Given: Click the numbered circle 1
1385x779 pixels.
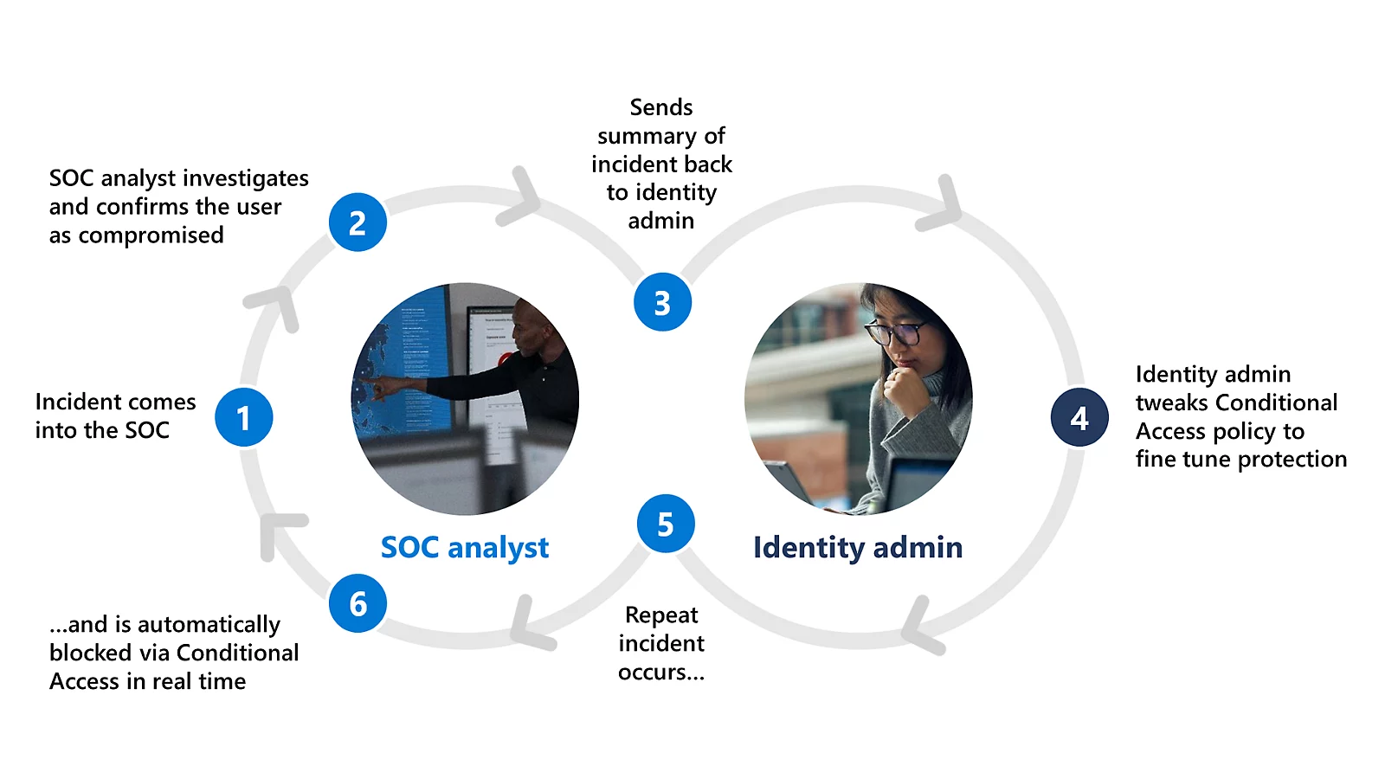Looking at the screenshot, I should [x=244, y=417].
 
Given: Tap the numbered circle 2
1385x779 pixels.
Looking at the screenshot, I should [x=358, y=222].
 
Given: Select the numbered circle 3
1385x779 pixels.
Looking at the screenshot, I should [x=662, y=302].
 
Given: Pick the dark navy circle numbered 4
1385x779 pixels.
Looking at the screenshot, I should [x=1079, y=418].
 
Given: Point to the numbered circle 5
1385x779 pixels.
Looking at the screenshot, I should [x=666, y=524].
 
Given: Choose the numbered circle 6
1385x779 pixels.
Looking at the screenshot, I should [x=358, y=603].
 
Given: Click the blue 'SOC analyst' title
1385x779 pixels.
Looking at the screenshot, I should [x=465, y=547].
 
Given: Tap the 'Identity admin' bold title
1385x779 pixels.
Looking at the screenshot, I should [x=857, y=547].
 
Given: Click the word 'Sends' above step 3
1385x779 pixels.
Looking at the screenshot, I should [x=661, y=107].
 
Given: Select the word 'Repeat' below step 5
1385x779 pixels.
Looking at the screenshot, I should [x=661, y=615].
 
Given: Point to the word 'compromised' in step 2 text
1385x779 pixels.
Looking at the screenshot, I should [x=151, y=235].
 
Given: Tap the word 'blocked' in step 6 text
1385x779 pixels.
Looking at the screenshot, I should [x=87, y=653].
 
